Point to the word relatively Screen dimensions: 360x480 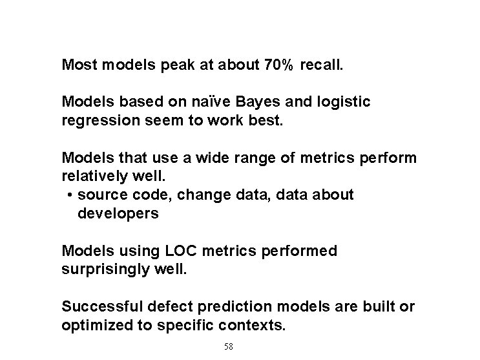click(92, 176)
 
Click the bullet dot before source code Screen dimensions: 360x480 click(69, 195)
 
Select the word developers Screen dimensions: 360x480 click(118, 213)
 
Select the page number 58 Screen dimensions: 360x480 click(228, 346)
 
